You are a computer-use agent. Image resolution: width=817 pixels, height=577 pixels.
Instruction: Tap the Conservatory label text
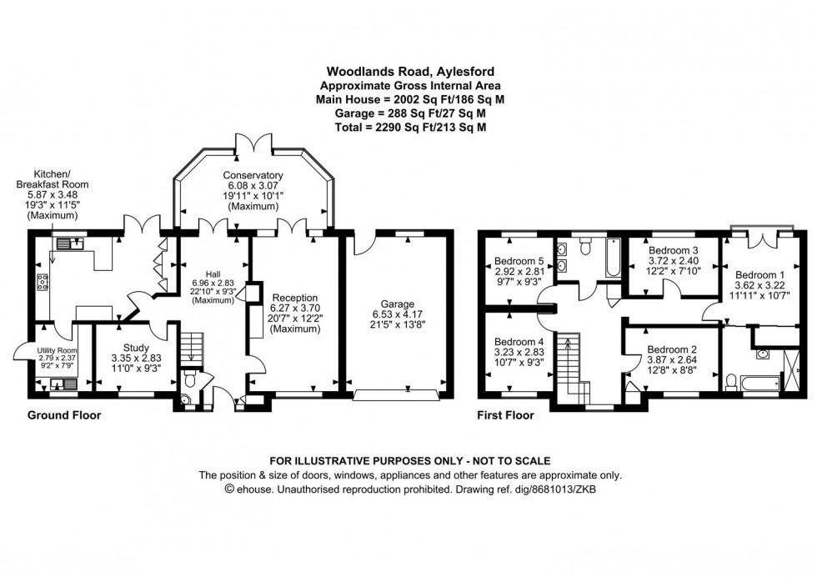pos(253,175)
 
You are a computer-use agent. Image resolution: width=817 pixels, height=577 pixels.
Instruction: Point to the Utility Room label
pos(57,349)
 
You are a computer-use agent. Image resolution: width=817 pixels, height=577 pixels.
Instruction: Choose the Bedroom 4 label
pos(519,341)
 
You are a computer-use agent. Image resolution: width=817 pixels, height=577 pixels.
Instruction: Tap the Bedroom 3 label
pos(671,250)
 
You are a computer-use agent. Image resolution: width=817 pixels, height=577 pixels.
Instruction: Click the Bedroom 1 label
pos(761,274)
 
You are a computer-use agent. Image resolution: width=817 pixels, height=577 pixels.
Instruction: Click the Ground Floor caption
pos(64,415)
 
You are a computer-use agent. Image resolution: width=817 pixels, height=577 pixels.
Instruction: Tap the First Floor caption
pos(504,415)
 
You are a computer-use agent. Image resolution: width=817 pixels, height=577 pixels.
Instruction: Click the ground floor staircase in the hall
pos(193,346)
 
